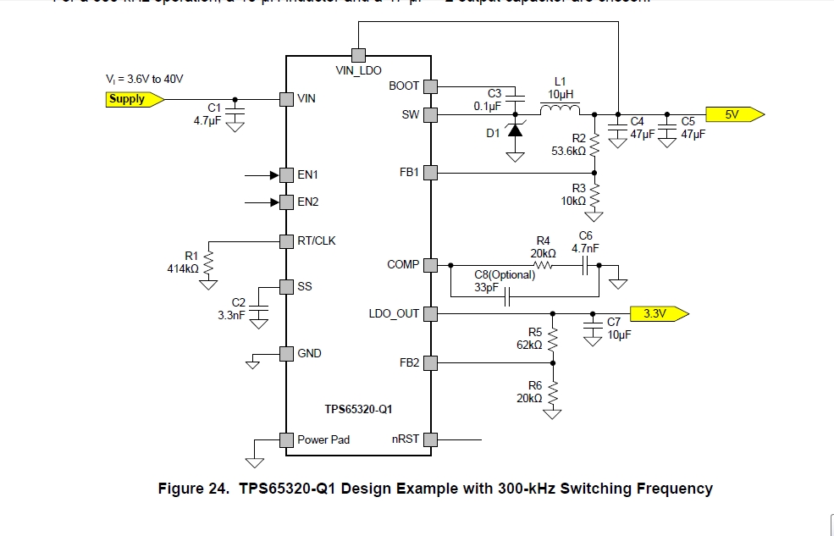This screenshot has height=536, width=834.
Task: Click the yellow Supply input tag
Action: (x=130, y=99)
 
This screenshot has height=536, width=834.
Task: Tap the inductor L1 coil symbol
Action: (x=561, y=109)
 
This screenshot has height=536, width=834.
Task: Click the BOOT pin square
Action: (x=430, y=86)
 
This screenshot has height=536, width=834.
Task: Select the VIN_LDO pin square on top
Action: (x=358, y=53)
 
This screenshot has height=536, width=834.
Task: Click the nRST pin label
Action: (x=405, y=439)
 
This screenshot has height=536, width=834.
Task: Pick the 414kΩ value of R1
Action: (x=183, y=268)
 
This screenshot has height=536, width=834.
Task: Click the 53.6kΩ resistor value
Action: (x=567, y=151)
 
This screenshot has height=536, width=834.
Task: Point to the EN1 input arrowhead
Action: (x=274, y=175)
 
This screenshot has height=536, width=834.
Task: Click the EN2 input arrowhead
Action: (x=274, y=202)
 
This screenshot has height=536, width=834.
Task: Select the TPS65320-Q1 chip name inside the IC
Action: (x=358, y=409)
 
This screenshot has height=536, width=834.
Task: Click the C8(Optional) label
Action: (x=505, y=274)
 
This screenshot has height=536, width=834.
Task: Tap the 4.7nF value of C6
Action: (x=585, y=248)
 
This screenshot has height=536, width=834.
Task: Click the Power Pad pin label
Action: (x=323, y=439)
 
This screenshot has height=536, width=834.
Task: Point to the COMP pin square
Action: (x=430, y=265)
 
